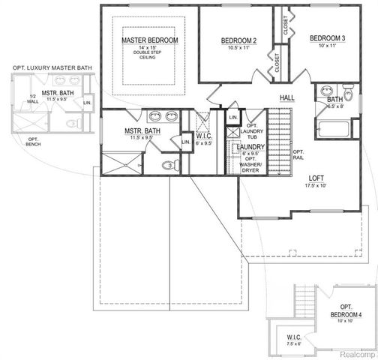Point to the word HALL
pyautogui.click(x=287, y=97)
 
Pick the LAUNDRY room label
pyautogui.click(x=251, y=147)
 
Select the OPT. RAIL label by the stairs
pyautogui.click(x=298, y=154)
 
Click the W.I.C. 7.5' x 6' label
pyautogui.click(x=293, y=341)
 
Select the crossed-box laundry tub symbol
pyautogui.click(x=233, y=132)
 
